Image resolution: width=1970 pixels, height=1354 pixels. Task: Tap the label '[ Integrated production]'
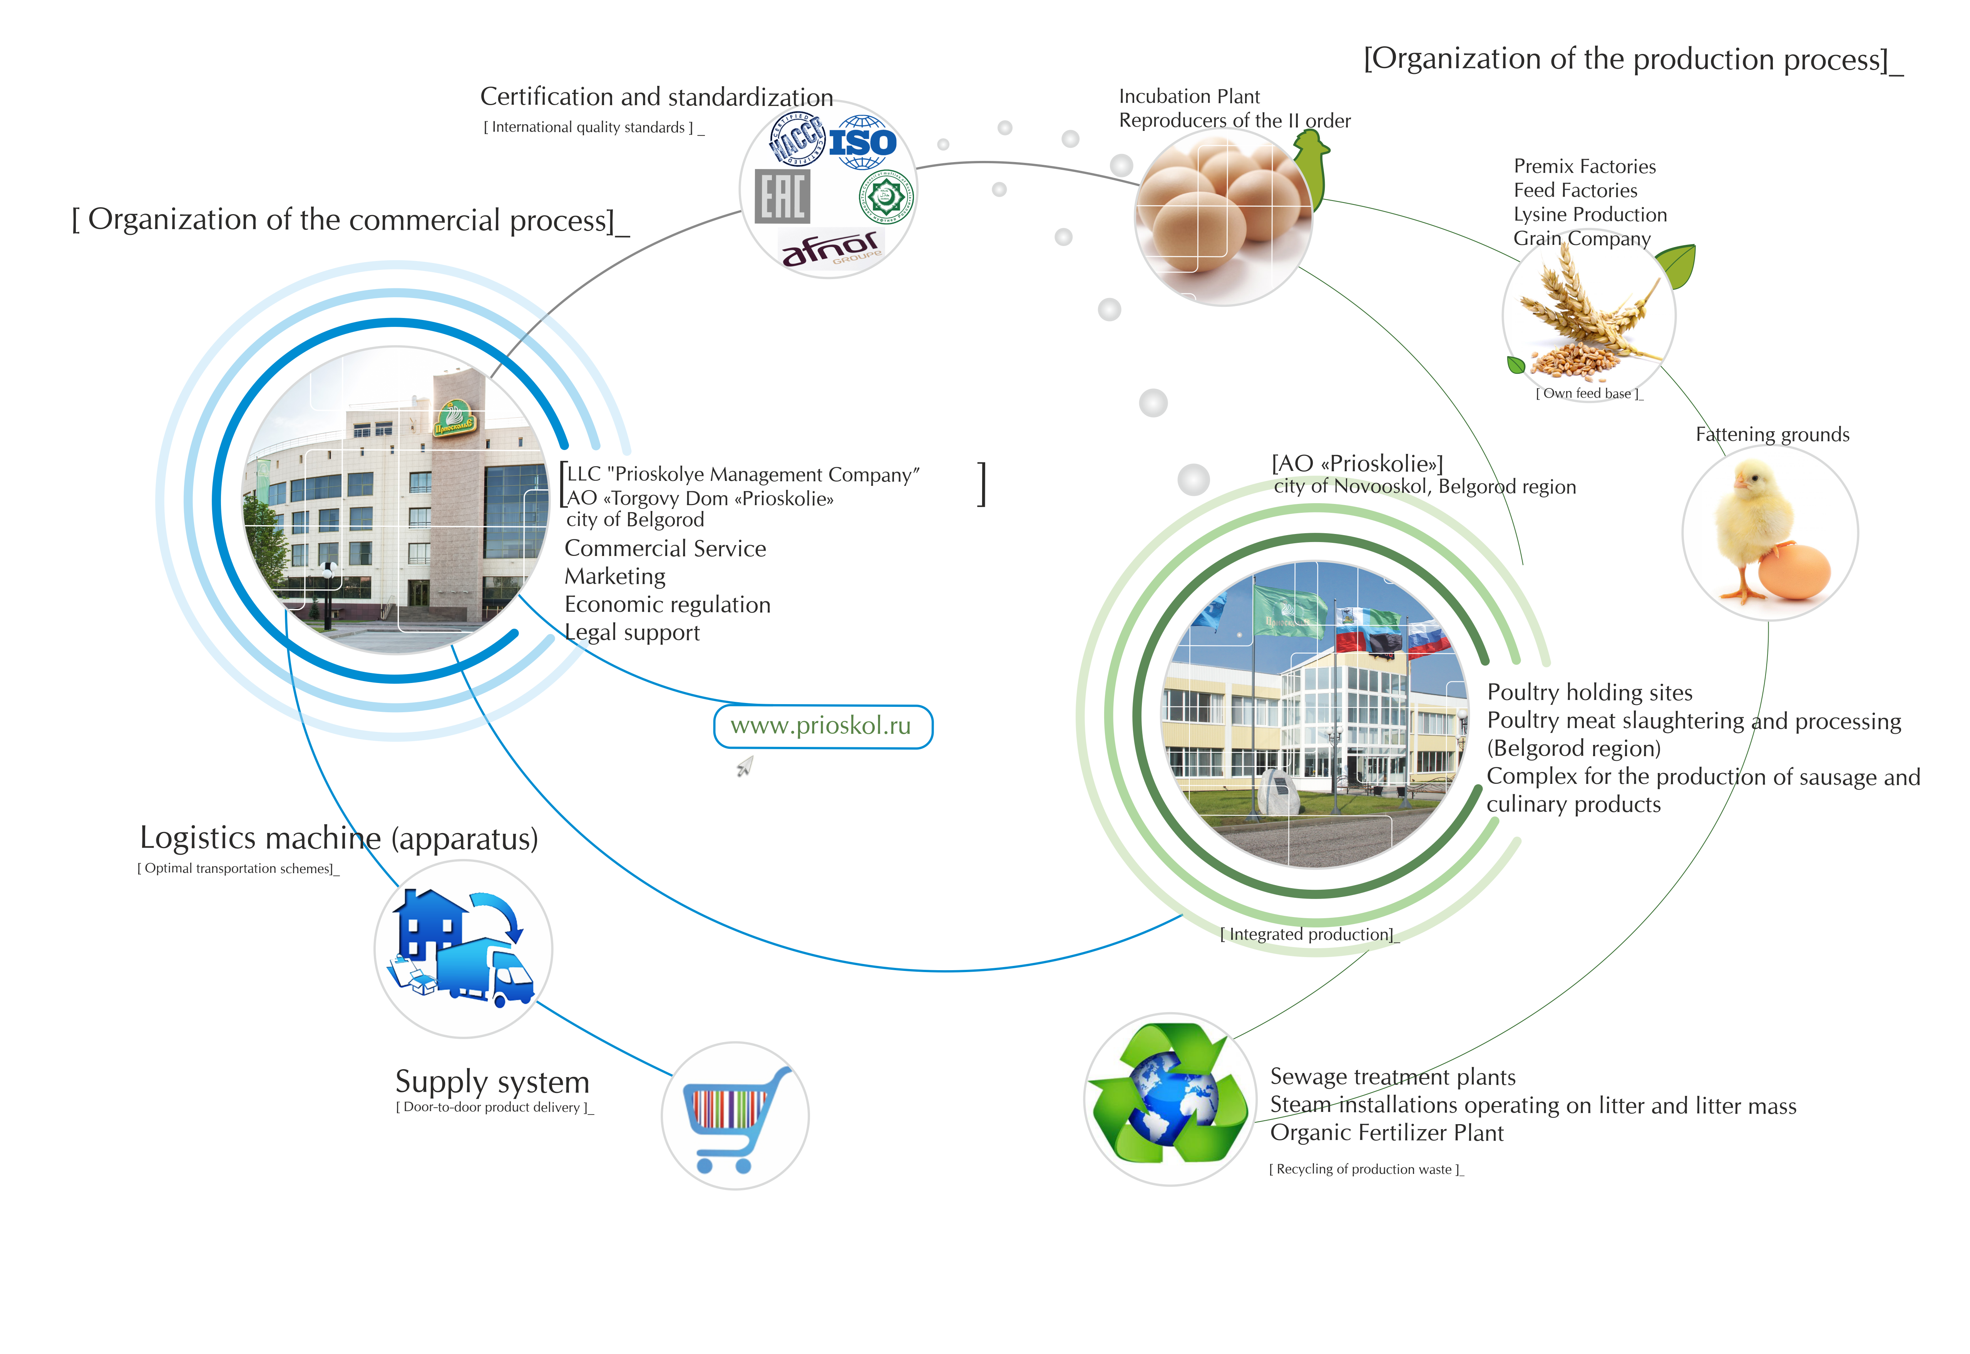tap(1308, 934)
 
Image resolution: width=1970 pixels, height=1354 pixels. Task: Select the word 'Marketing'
tap(615, 577)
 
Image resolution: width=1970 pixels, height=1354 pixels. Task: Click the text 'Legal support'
tap(632, 633)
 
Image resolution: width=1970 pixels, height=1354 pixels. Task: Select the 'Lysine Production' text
tap(1590, 215)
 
